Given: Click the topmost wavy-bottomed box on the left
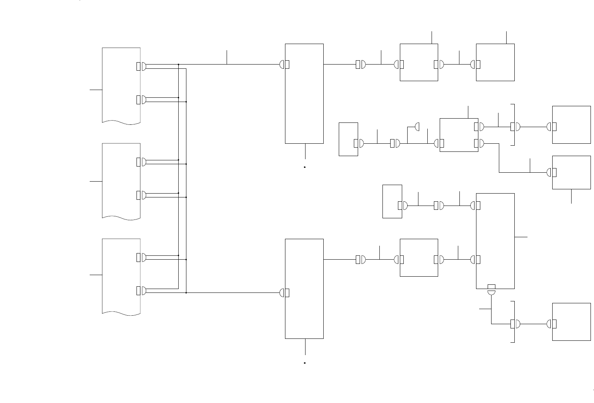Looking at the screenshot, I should (121, 85).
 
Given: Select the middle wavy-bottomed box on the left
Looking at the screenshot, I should (121, 180).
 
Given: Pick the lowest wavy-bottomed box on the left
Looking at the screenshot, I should (121, 276).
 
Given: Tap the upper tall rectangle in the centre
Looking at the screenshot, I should (304, 94).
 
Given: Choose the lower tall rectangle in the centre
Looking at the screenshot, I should (304, 289).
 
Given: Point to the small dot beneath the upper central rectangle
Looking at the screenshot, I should (305, 167).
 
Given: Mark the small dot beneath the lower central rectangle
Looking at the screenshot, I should (305, 363).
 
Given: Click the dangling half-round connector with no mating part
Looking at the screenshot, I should (417, 126).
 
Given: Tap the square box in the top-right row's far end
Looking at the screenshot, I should (495, 62).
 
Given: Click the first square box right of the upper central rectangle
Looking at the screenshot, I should (419, 62).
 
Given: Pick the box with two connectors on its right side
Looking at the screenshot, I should (459, 135).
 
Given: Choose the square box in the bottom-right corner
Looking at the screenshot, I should (572, 322).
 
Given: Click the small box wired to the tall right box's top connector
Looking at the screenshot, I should (392, 201).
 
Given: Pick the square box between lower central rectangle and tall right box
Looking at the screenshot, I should (419, 257).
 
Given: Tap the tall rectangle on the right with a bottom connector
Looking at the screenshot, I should (495, 241).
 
